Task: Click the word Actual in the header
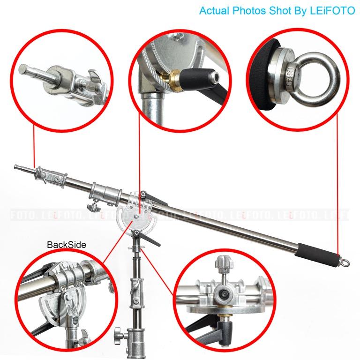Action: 212,11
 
